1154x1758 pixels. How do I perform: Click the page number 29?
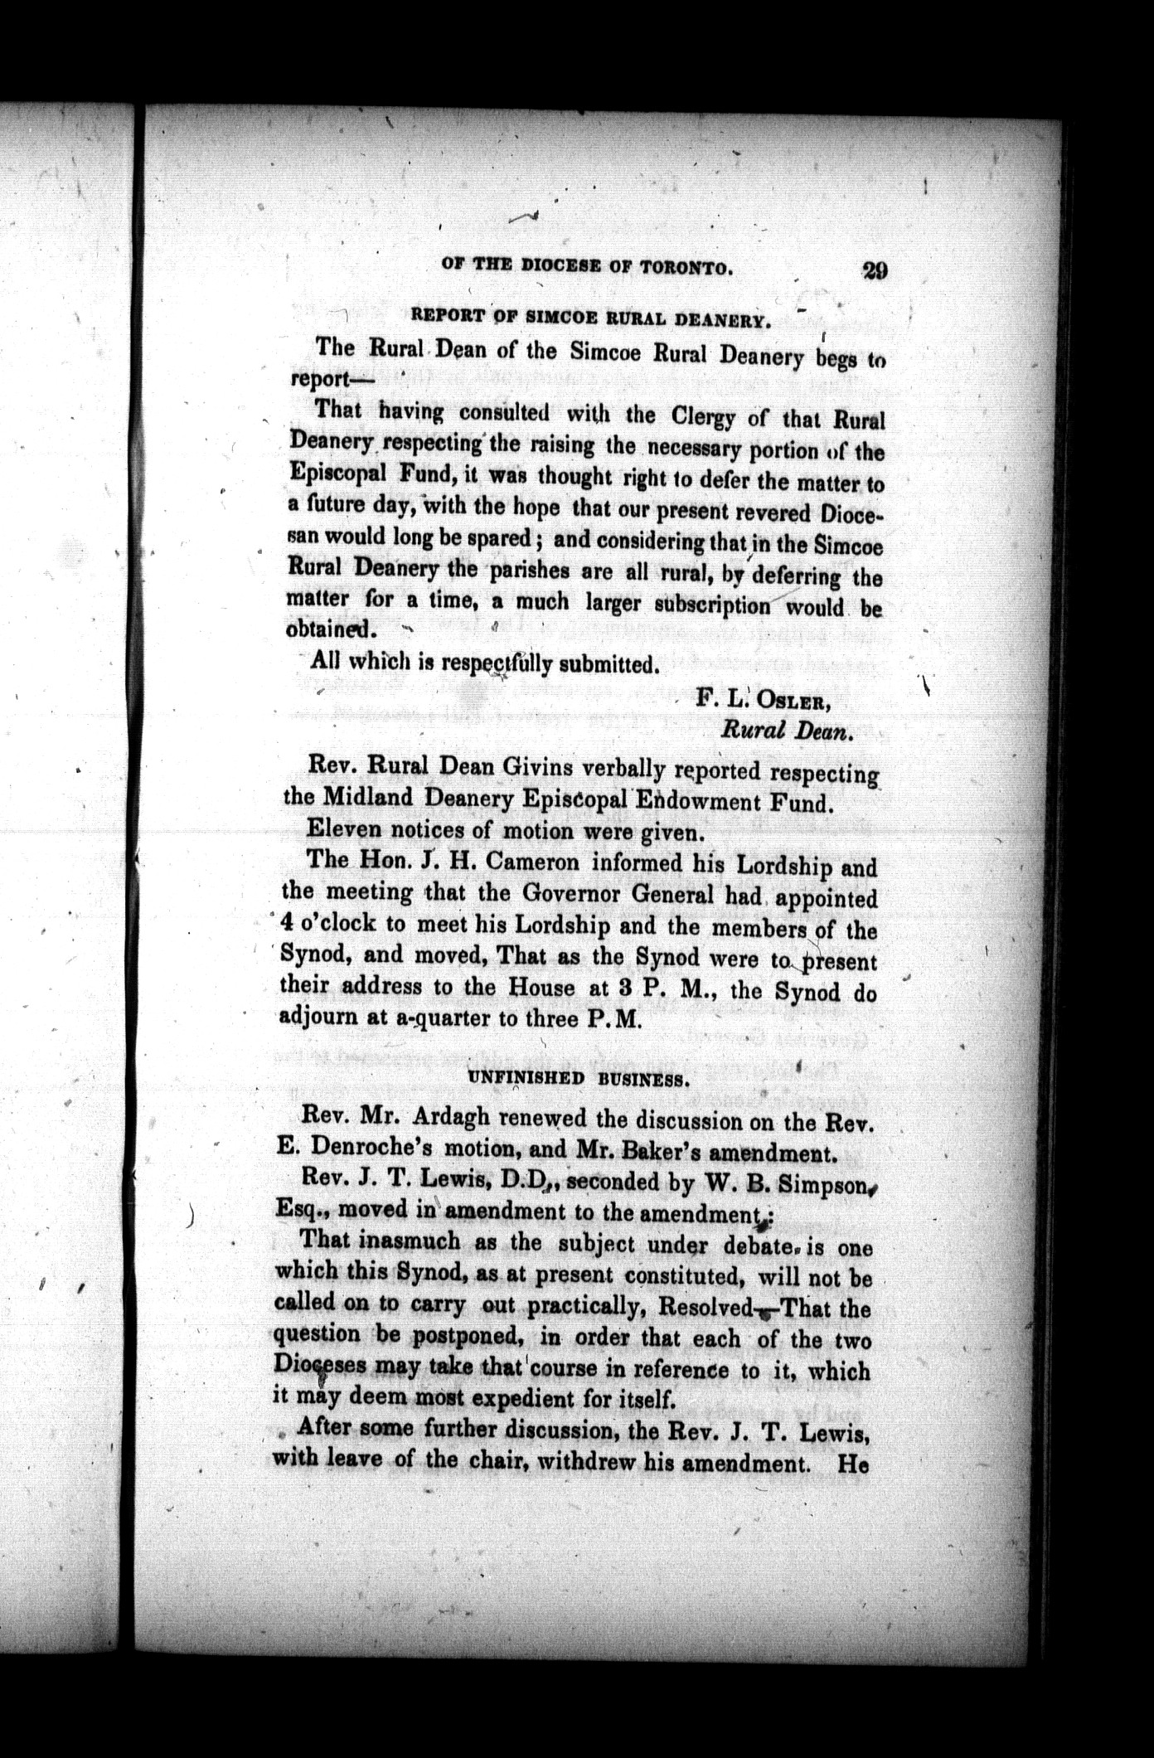click(875, 271)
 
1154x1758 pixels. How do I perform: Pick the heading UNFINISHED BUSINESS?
click(578, 1080)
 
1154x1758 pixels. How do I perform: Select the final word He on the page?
click(853, 1464)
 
